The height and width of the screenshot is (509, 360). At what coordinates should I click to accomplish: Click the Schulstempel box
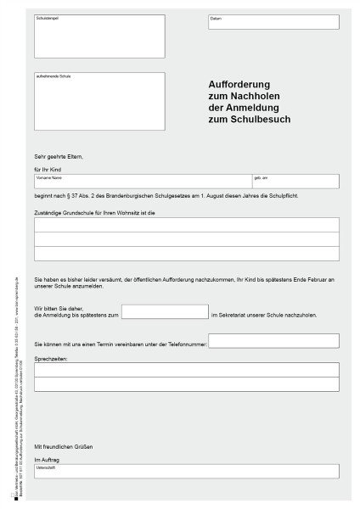100,36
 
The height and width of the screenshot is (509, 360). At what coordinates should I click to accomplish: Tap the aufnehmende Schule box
100,101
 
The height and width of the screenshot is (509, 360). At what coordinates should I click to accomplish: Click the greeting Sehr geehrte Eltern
59,157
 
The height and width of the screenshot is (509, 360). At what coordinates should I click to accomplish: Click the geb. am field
295,182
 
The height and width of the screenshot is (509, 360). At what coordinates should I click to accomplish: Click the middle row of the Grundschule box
186,239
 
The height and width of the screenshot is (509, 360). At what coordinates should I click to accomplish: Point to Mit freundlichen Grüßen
63,446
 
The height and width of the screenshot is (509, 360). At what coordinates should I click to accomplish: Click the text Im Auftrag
47,459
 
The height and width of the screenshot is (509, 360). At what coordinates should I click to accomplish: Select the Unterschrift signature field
186,471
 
